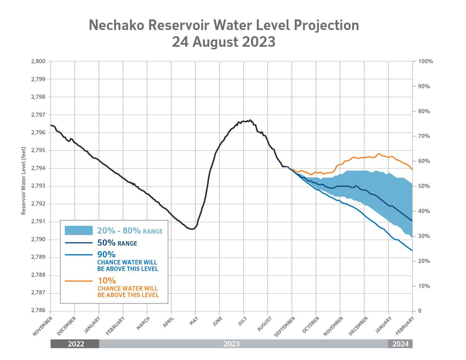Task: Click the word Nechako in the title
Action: point(116,25)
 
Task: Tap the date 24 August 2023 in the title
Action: point(224,42)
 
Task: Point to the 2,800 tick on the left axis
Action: point(38,61)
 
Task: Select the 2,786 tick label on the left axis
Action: point(38,311)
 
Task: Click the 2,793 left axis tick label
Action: point(38,186)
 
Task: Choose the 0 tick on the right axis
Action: point(420,311)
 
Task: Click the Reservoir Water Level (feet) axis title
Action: point(24,181)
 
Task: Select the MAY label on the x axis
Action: point(194,321)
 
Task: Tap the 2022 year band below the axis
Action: point(76,344)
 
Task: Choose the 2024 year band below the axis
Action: point(400,344)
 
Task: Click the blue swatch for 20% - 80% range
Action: point(79,231)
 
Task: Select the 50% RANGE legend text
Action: point(117,243)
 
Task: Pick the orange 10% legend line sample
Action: point(79,281)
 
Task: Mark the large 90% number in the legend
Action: point(106,254)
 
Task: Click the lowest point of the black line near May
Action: point(192,229)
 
